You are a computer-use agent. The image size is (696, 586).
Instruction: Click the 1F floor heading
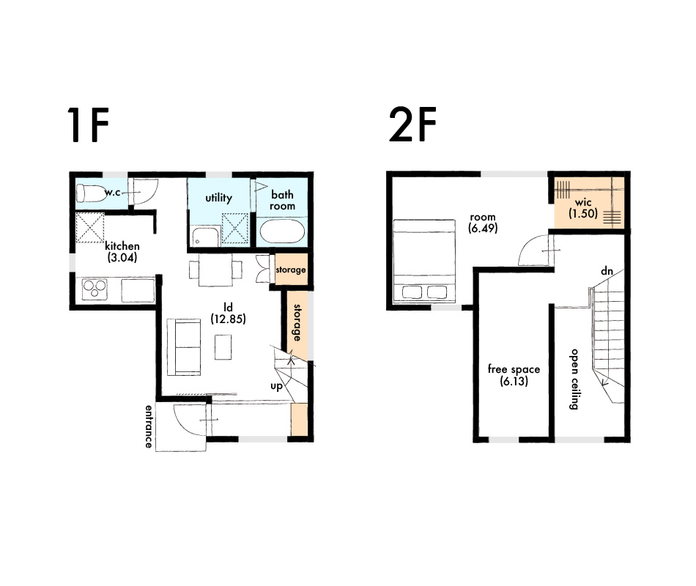click(89, 125)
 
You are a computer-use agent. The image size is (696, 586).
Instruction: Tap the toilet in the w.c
click(91, 193)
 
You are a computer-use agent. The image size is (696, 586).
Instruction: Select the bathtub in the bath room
click(282, 231)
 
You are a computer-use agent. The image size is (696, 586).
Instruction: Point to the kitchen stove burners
click(95, 289)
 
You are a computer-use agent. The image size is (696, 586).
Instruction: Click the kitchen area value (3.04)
click(122, 258)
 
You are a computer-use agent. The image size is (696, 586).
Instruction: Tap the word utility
click(218, 198)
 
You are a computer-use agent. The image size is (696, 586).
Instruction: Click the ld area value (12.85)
click(228, 319)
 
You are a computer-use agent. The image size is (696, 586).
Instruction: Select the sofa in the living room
click(183, 347)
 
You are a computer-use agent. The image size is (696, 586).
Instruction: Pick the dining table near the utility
click(215, 270)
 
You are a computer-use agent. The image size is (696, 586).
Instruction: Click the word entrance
click(149, 426)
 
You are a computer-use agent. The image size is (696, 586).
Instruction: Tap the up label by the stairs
click(276, 387)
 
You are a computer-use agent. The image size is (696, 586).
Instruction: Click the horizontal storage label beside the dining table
click(291, 270)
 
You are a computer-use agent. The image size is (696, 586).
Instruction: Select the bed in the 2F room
click(424, 261)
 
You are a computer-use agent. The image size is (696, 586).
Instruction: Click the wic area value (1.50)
click(583, 214)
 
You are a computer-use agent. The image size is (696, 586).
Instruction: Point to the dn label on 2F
click(607, 271)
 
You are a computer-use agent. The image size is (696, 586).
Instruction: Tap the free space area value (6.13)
click(514, 381)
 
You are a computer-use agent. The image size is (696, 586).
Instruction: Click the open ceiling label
click(574, 379)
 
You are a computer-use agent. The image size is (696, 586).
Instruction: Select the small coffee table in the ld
click(223, 347)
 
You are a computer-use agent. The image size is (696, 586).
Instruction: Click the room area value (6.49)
click(483, 229)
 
